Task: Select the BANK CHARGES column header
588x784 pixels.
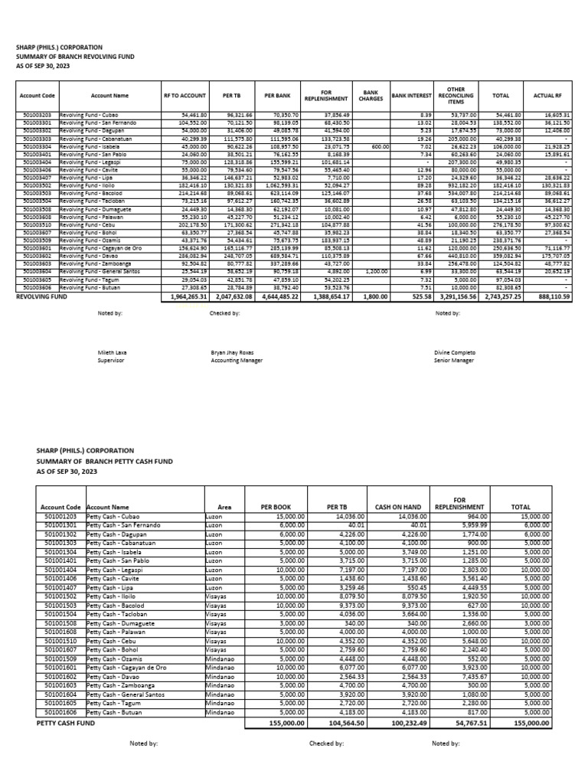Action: click(x=371, y=96)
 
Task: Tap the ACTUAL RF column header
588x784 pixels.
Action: click(x=548, y=96)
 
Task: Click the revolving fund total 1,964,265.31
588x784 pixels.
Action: click(x=184, y=316)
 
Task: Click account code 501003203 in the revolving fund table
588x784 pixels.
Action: click(x=36, y=114)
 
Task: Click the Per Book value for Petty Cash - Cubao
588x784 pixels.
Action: click(x=289, y=517)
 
